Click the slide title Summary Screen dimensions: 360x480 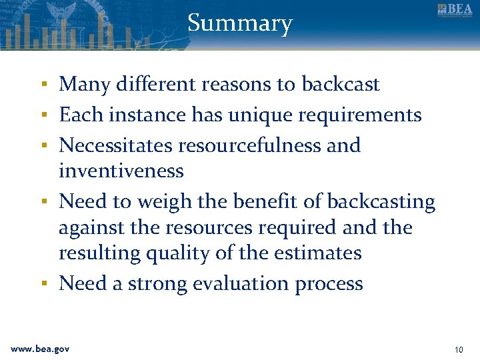240,23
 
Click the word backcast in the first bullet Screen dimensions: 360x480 340,85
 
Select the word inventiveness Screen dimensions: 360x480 121,171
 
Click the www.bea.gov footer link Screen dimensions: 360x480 40,349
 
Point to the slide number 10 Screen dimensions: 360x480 458,349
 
